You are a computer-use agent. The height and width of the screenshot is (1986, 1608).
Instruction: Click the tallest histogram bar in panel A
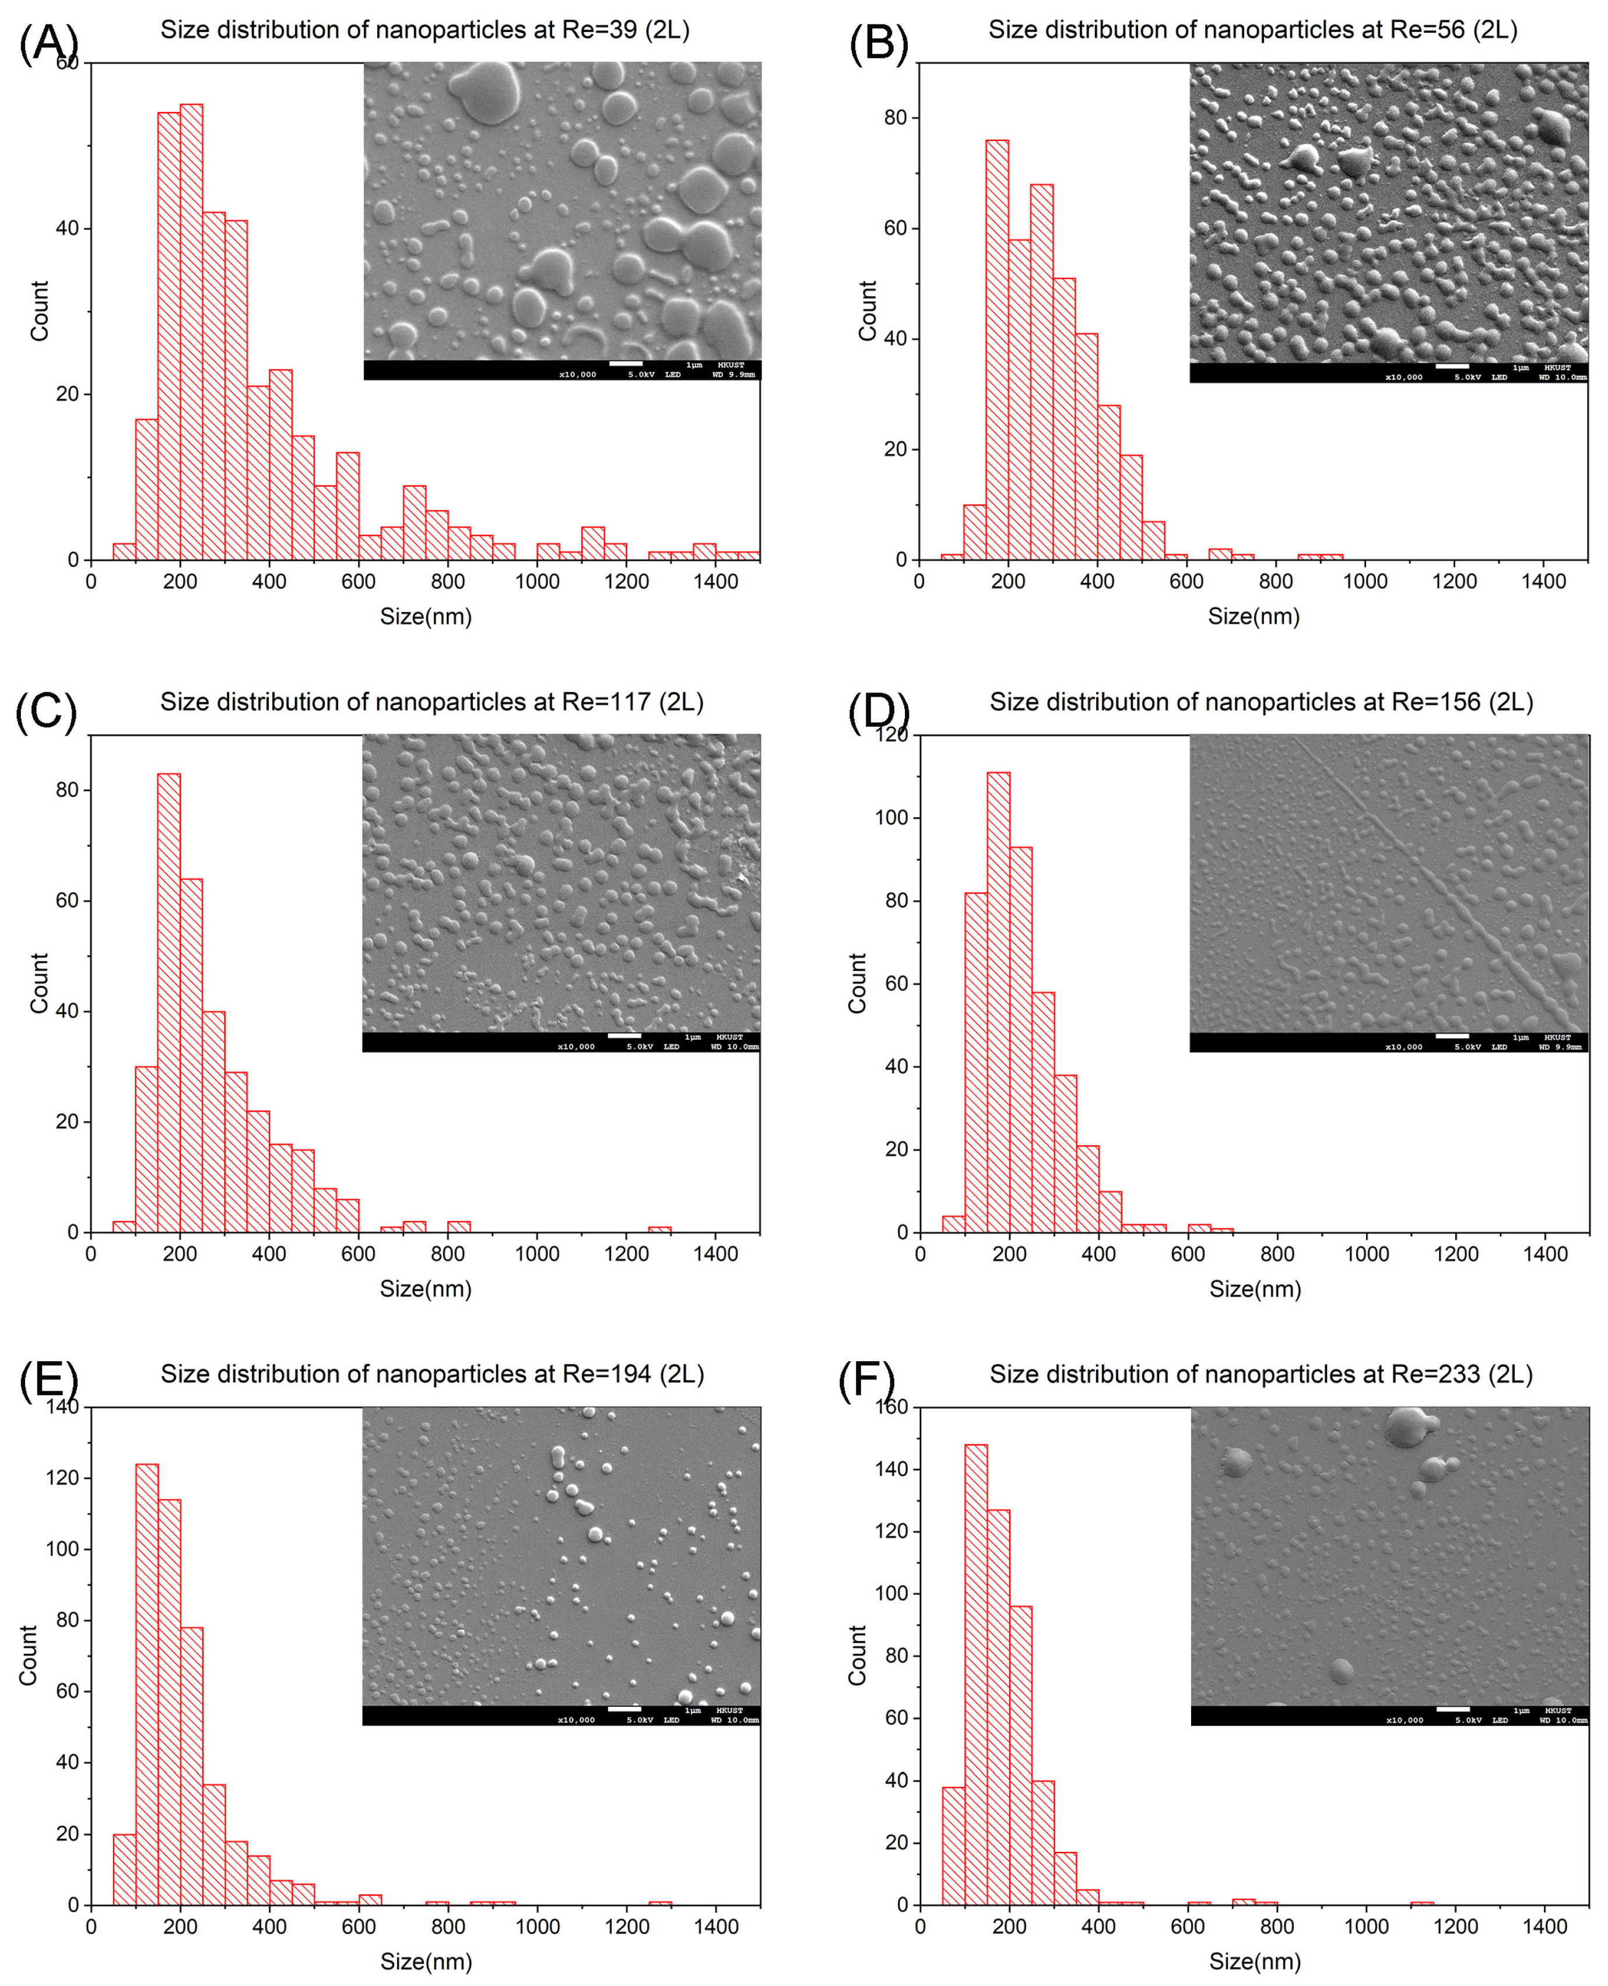(191, 333)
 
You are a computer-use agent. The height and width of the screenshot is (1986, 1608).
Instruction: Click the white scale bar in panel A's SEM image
(625, 364)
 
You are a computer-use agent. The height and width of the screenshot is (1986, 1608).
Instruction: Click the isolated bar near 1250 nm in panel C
(659, 1229)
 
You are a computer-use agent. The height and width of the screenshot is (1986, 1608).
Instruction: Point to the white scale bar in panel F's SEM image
(1452, 1709)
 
